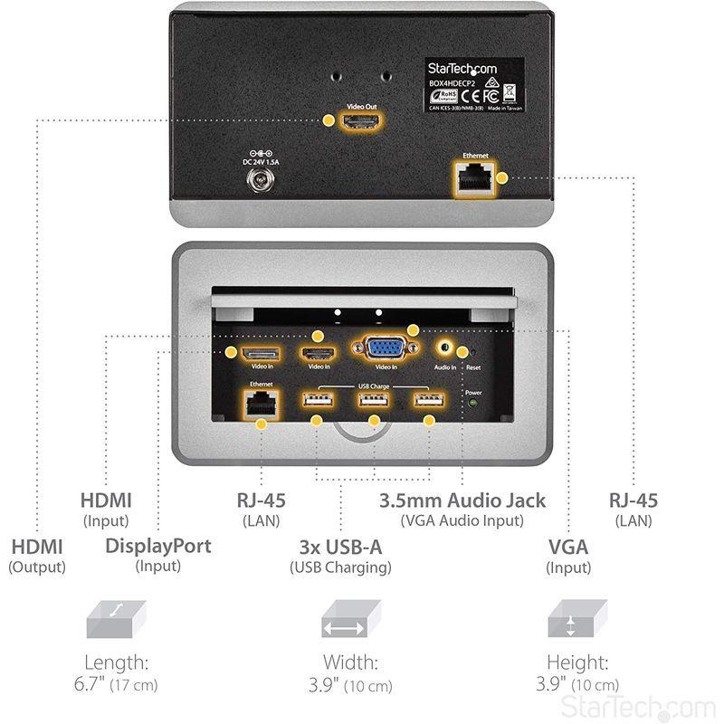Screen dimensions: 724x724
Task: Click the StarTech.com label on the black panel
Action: (x=474, y=69)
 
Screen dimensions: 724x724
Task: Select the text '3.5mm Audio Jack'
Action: (x=462, y=500)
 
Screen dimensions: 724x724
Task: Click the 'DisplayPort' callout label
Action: (x=158, y=546)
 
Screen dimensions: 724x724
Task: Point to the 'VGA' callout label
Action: (x=568, y=547)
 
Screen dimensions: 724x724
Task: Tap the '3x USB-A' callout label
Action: (x=340, y=547)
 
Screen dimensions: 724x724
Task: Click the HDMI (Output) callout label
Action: (x=37, y=547)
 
